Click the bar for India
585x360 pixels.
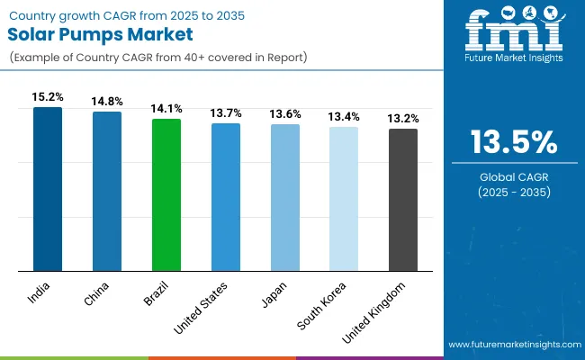coord(48,189)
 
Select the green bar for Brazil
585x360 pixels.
coord(166,194)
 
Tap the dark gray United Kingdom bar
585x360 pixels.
coord(403,199)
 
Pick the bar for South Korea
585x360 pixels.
coord(344,198)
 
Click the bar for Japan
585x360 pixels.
coord(285,197)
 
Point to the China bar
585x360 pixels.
coord(107,191)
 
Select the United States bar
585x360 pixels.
coord(226,196)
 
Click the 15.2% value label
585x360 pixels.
coord(48,95)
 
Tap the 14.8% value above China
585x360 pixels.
coord(107,101)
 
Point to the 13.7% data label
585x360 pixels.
coord(226,112)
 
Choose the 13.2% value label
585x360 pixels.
coord(403,117)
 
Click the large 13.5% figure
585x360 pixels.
coord(512,142)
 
